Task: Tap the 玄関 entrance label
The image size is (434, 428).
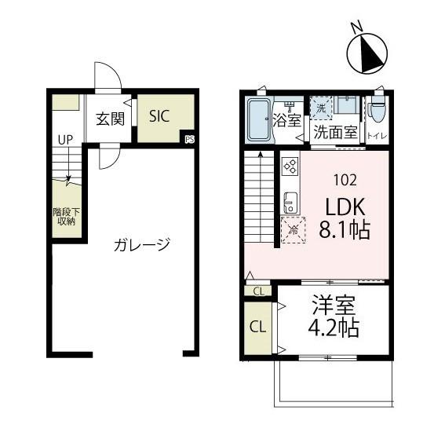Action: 110,119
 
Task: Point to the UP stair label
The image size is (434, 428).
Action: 64,140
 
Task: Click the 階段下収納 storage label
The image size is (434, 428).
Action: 65,216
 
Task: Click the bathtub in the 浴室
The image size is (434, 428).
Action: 258,119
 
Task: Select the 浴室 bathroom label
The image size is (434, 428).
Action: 288,120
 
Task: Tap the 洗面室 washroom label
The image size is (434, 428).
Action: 335,133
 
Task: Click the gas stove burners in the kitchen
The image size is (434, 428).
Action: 289,166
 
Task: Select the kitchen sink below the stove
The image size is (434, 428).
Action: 289,202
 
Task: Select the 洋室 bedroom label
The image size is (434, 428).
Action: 334,304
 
